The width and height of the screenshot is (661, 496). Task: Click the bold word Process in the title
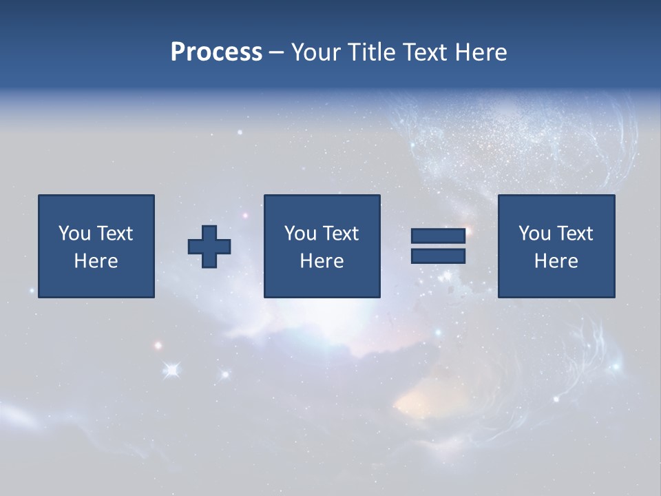click(216, 52)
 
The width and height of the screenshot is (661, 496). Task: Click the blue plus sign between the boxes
click(209, 247)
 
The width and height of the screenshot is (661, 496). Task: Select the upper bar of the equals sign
click(438, 237)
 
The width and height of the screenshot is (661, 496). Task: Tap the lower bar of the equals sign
click(438, 256)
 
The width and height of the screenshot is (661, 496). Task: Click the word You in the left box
click(74, 234)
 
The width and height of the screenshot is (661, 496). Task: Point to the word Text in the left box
click(114, 234)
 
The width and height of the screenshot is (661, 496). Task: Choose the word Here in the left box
click(96, 261)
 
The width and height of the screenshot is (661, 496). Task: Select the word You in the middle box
click(300, 234)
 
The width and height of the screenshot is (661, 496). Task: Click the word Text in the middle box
click(340, 234)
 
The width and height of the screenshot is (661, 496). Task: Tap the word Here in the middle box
click(322, 261)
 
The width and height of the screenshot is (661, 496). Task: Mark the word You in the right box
click(534, 234)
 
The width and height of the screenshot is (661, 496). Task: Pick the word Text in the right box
click(574, 234)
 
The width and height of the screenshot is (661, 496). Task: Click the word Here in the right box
click(556, 261)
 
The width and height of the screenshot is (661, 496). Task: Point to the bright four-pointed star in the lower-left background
click(171, 371)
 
